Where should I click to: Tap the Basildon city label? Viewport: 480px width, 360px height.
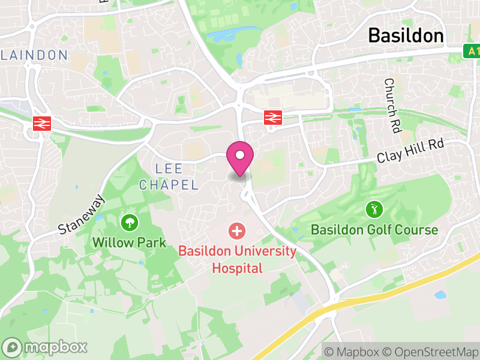click(x=406, y=35)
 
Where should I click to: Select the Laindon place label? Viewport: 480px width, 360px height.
click(x=35, y=55)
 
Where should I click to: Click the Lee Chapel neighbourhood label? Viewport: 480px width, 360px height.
click(x=169, y=176)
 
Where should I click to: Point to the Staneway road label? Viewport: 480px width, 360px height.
click(x=82, y=214)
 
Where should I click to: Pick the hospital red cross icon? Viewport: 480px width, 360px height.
click(x=237, y=230)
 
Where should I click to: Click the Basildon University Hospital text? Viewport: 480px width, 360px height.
click(x=237, y=259)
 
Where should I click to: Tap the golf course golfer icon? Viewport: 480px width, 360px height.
click(x=374, y=210)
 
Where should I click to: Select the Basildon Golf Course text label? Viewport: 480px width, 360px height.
click(x=374, y=230)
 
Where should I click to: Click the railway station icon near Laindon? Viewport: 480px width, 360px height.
click(x=41, y=123)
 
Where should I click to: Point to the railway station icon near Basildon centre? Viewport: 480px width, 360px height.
click(x=273, y=118)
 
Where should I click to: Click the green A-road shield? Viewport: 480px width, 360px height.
click(x=473, y=52)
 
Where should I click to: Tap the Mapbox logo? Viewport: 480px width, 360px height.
click(x=45, y=347)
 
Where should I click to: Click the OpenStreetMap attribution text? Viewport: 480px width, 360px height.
click(x=429, y=350)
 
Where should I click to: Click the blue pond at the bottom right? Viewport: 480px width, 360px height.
click(x=440, y=295)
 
